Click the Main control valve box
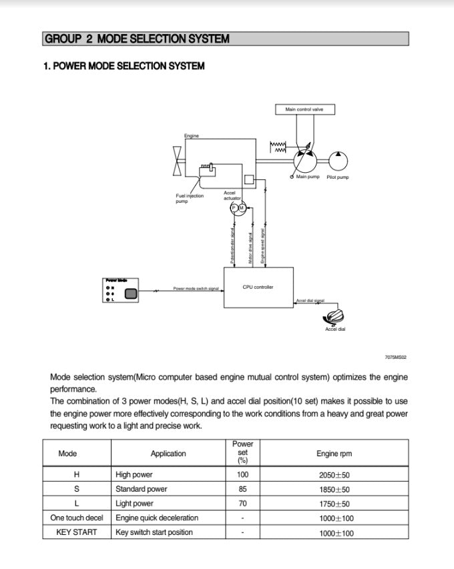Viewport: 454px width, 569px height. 304,109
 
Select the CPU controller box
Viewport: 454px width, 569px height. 257,287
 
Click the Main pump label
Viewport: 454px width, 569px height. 308,177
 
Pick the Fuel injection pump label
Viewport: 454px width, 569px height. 189,198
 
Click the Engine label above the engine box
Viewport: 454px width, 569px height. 191,136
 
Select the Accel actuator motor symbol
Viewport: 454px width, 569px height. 238,208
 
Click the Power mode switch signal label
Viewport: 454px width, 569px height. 196,289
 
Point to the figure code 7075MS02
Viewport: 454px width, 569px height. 395,358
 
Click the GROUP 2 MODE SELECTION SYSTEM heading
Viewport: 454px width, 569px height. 137,39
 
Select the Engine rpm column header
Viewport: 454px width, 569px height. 334,454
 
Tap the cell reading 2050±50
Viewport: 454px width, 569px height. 334,475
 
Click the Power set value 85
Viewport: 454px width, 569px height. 242,489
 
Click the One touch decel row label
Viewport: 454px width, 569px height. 77,518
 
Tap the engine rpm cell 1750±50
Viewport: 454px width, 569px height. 334,504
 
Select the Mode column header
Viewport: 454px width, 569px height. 68,454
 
